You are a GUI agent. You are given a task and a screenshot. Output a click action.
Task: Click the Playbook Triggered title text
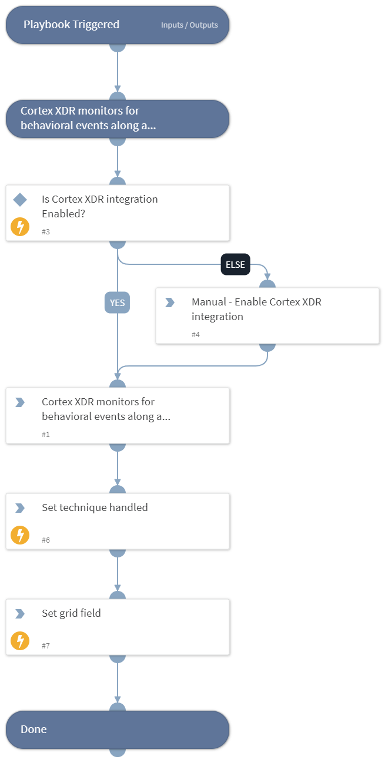[71, 25]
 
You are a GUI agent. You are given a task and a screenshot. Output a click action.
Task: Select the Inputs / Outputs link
[189, 25]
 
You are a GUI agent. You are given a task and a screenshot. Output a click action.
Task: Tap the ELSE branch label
[235, 264]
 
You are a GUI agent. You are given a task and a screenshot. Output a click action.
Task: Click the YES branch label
[117, 302]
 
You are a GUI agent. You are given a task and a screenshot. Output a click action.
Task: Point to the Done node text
[34, 730]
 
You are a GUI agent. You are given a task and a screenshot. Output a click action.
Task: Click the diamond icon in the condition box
[20, 200]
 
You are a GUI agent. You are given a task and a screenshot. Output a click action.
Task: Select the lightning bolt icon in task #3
[20, 227]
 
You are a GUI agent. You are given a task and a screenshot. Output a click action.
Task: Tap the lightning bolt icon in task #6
[20, 535]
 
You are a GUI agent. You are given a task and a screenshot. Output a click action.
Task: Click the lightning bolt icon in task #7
[20, 641]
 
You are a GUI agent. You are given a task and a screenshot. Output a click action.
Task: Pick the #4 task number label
[196, 334]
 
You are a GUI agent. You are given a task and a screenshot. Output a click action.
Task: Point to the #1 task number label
[46, 434]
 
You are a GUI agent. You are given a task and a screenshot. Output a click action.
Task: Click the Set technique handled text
[95, 507]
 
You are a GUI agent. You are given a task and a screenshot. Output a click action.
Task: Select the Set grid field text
[71, 613]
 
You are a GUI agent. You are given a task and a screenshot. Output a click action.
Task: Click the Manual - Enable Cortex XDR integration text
[256, 310]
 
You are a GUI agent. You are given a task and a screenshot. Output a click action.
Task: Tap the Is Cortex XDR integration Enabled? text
[100, 206]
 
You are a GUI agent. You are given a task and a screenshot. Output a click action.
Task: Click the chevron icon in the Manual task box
[170, 302]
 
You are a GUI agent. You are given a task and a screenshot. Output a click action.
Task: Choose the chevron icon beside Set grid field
[20, 614]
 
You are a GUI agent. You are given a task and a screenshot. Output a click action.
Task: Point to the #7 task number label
[46, 646]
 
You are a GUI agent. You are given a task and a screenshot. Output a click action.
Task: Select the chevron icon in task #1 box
[20, 402]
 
